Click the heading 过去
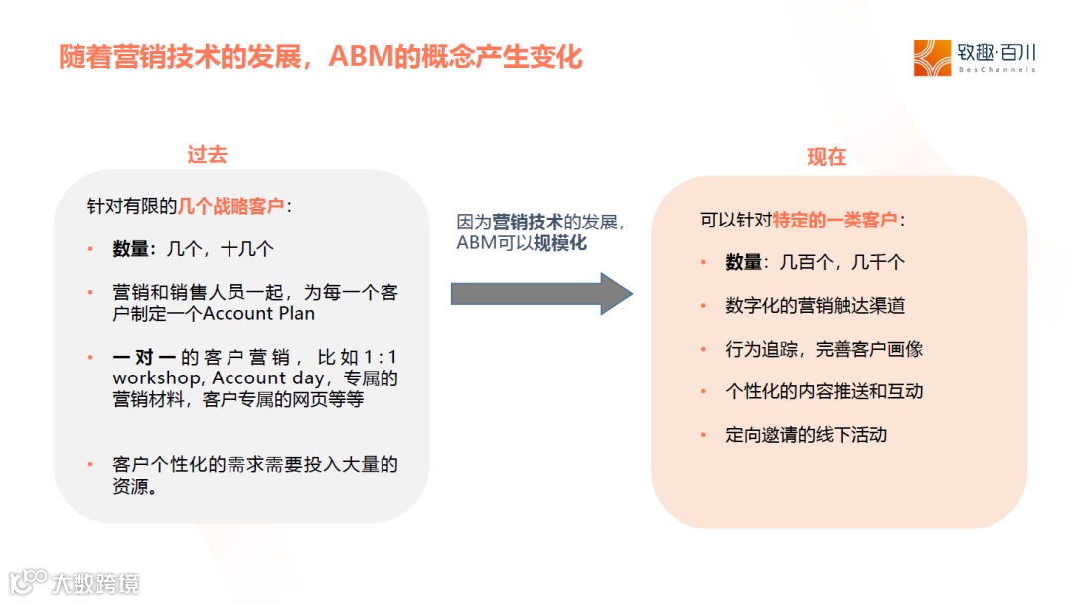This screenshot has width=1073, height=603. [207, 154]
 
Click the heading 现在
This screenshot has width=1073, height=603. [826, 157]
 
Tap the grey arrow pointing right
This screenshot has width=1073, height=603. [541, 293]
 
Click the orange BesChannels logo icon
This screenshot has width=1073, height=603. [932, 58]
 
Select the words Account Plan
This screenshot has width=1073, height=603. [258, 314]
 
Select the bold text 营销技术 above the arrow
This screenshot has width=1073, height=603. [528, 222]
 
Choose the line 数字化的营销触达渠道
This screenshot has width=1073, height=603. [815, 306]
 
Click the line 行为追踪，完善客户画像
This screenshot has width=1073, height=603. [824, 349]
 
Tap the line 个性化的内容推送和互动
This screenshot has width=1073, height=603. [824, 391]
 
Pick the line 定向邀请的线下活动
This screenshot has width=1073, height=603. [806, 434]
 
